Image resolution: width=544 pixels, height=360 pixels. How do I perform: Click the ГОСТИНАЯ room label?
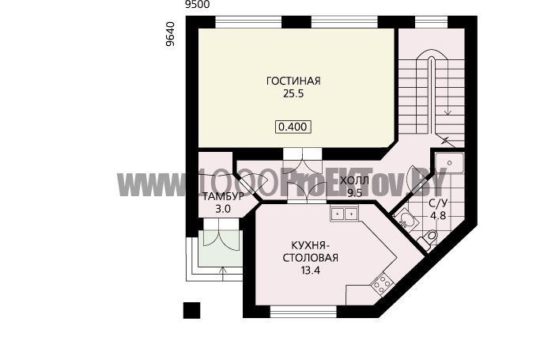pyautogui.click(x=293, y=81)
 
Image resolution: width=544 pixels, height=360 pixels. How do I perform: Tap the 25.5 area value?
pyautogui.click(x=293, y=93)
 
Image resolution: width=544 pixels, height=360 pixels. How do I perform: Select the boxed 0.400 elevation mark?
pyautogui.click(x=293, y=127)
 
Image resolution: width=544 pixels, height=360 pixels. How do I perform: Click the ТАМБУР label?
pyautogui.click(x=224, y=196)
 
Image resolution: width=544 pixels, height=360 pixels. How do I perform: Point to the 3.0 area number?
pyautogui.click(x=223, y=209)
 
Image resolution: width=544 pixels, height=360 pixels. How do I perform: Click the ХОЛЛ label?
pyautogui.click(x=354, y=181)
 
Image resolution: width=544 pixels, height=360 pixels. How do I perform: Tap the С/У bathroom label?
pyautogui.click(x=438, y=203)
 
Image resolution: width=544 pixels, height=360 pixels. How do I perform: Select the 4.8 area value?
pyautogui.click(x=438, y=215)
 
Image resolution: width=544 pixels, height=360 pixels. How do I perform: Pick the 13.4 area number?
pyautogui.click(x=311, y=271)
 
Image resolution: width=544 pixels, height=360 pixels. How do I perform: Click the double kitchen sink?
pyautogui.click(x=344, y=214)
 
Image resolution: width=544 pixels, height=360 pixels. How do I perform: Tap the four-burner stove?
pyautogui.click(x=383, y=284)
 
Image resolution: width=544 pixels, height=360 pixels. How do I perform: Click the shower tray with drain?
pyautogui.click(x=450, y=163)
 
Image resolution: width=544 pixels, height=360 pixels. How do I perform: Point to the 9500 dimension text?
pyautogui.click(x=198, y=5)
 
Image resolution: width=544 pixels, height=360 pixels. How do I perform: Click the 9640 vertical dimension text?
pyautogui.click(x=170, y=34)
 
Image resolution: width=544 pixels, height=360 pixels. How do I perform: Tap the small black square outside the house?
pyautogui.click(x=191, y=310)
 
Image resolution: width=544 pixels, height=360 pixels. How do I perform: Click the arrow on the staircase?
pyautogui.click(x=448, y=86)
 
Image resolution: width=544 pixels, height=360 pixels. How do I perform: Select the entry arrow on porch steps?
pyautogui.click(x=223, y=274)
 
